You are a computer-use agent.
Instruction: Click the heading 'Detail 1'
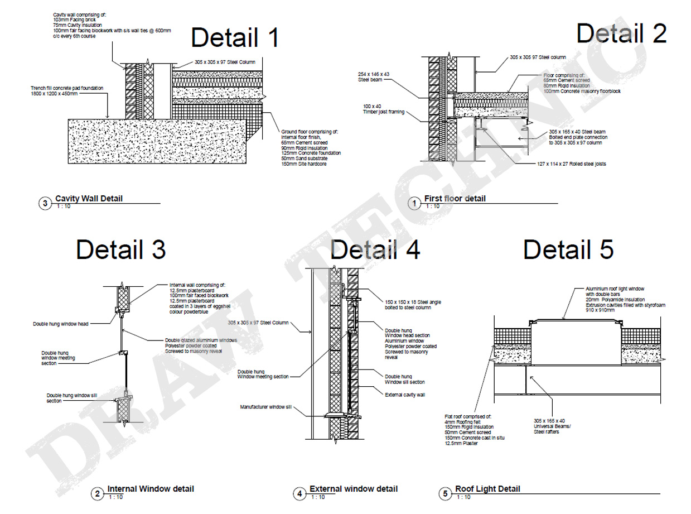click(235, 38)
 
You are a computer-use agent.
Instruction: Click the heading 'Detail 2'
click(621, 33)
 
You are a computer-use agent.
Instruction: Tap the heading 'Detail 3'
click(121, 249)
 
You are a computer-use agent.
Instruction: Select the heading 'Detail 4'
click(375, 249)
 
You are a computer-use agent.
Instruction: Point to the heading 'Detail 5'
click(568, 249)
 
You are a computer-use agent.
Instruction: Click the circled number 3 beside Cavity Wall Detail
click(45, 204)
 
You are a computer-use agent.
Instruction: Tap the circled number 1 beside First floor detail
click(414, 204)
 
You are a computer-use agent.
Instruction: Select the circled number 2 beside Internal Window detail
click(97, 494)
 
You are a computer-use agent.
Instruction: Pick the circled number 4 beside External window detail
click(299, 494)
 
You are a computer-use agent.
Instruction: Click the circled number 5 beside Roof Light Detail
click(445, 494)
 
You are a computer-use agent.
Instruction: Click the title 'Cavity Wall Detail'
click(89, 199)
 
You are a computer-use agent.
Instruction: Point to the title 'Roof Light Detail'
click(487, 489)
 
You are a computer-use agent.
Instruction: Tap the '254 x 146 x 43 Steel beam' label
click(374, 76)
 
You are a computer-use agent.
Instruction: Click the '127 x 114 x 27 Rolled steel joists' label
click(568, 164)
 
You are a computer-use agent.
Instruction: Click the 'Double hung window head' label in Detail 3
click(61, 323)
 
